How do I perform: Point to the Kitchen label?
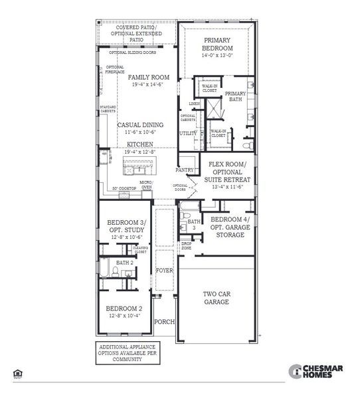tap(139, 144)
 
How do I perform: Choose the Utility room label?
tap(188, 133)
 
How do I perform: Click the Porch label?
tap(164, 322)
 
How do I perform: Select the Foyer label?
tap(164, 271)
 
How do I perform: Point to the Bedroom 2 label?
tap(124, 309)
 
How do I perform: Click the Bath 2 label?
tap(124, 263)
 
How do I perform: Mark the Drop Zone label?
tap(187, 245)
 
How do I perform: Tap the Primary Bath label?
tap(235, 97)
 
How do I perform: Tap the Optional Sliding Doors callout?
tap(133, 53)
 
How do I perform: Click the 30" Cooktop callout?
tap(124, 188)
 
